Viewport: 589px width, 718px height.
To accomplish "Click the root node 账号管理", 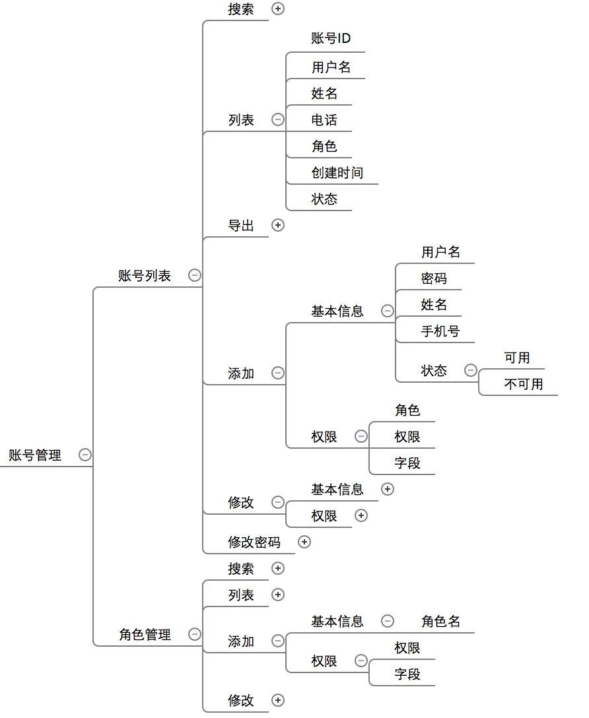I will (x=34, y=455).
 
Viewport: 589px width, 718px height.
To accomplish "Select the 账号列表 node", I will (x=145, y=276).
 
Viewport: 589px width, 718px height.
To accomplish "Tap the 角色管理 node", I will (x=145, y=635).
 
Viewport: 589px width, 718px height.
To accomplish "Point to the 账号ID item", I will (x=331, y=39).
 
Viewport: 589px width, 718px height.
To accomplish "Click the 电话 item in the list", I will (x=324, y=120).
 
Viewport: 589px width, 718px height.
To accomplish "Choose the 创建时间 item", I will (x=337, y=173).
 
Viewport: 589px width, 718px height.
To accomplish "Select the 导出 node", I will (x=241, y=225).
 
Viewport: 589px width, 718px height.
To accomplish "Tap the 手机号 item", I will (x=440, y=331).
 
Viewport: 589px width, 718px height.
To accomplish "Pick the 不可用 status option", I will (x=524, y=384).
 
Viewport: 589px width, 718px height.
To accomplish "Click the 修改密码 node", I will (x=254, y=542).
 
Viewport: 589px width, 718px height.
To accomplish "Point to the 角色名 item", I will (x=440, y=621).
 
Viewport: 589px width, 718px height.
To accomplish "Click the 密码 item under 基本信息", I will (x=434, y=278).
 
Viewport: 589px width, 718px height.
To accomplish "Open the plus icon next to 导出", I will (x=278, y=225).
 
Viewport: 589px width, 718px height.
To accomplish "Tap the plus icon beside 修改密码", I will (x=304, y=542).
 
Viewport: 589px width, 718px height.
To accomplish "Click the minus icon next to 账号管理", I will (x=85, y=454).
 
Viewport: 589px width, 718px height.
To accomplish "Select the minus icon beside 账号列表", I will (x=195, y=275).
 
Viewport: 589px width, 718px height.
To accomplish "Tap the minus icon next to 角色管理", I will (x=195, y=634).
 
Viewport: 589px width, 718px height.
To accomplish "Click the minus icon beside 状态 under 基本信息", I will (x=471, y=370).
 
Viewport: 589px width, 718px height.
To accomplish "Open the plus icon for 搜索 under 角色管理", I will (x=278, y=568).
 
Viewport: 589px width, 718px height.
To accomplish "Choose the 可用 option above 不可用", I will (x=517, y=358).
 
